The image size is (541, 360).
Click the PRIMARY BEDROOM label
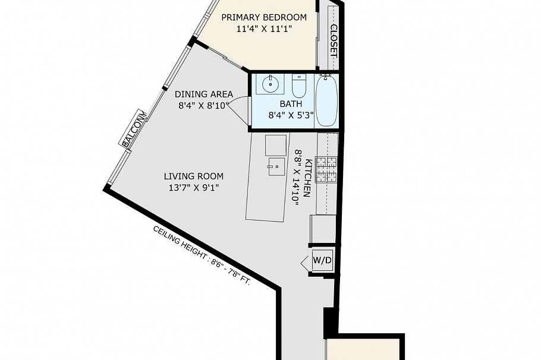pyautogui.click(x=264, y=17)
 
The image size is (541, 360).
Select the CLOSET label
pyautogui.click(x=334, y=41)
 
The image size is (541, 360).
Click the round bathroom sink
pyautogui.click(x=270, y=84)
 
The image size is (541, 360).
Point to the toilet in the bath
pyautogui.click(x=299, y=86)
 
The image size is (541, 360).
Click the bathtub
pyautogui.click(x=327, y=100)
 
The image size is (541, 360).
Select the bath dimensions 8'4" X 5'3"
pyautogui.click(x=291, y=115)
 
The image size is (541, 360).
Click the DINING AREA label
pyautogui.click(x=203, y=94)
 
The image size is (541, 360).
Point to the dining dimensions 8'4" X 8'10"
pyautogui.click(x=203, y=106)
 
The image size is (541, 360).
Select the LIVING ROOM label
pyautogui.click(x=194, y=176)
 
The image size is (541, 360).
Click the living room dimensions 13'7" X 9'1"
pyautogui.click(x=194, y=188)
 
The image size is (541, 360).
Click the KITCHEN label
pyautogui.click(x=309, y=178)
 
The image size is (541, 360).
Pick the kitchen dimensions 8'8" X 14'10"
pyautogui.click(x=298, y=178)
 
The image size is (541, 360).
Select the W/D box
pyautogui.click(x=322, y=260)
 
